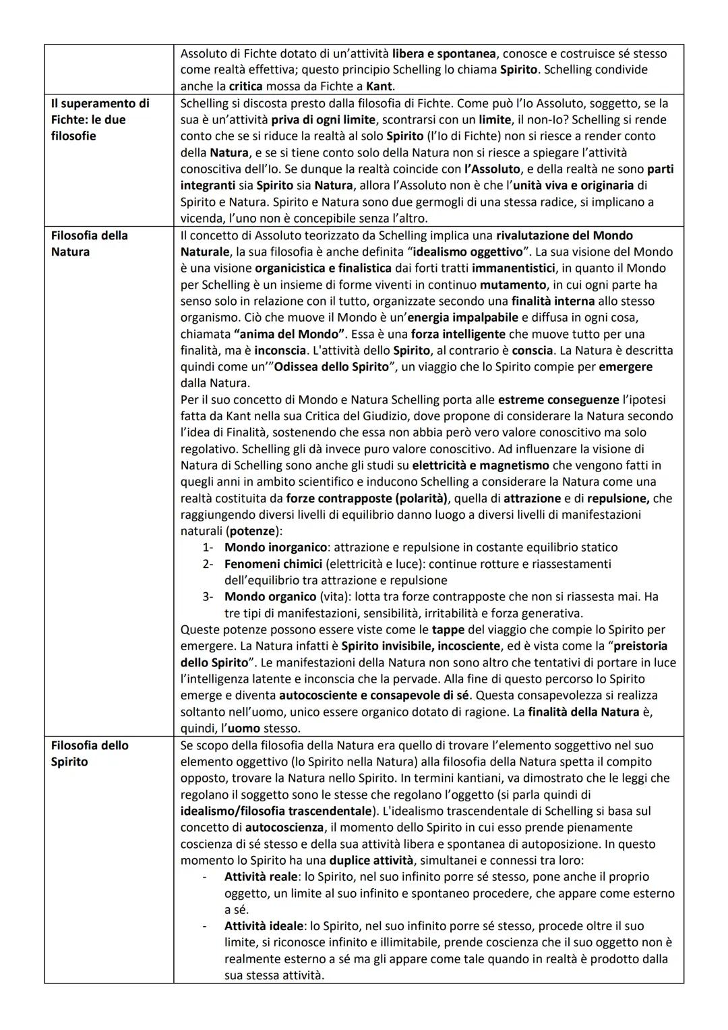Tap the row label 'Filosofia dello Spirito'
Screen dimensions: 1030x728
pyautogui.click(x=89, y=753)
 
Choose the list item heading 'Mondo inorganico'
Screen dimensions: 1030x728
pyautogui.click(x=276, y=548)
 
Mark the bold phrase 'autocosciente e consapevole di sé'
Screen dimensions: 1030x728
pyautogui.click(x=373, y=695)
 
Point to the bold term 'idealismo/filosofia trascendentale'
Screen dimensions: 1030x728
pyautogui.click(x=276, y=811)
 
